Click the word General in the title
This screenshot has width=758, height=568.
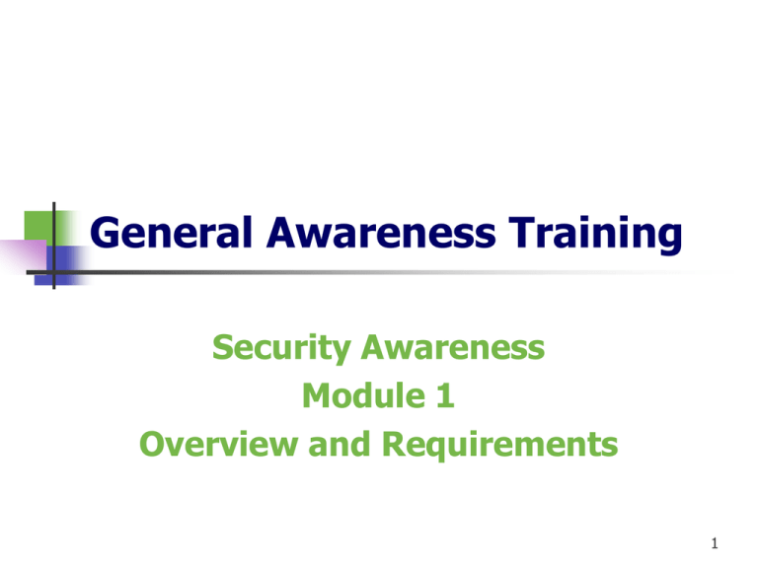click(171, 234)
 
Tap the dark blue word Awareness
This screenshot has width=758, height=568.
click(381, 233)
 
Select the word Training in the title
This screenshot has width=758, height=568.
click(595, 235)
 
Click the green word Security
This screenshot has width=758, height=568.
click(281, 348)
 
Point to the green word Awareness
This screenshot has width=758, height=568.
click(453, 347)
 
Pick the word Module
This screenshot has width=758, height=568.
click(364, 395)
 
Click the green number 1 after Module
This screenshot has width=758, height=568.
click(445, 395)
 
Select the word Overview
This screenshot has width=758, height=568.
click(218, 444)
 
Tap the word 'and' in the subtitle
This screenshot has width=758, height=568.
click(340, 444)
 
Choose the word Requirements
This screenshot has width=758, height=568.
click(499, 445)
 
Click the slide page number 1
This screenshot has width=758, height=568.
click(715, 543)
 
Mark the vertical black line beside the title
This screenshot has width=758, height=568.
click(54, 246)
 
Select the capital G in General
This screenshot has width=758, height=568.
click(105, 233)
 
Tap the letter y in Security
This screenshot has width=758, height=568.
click(341, 353)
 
